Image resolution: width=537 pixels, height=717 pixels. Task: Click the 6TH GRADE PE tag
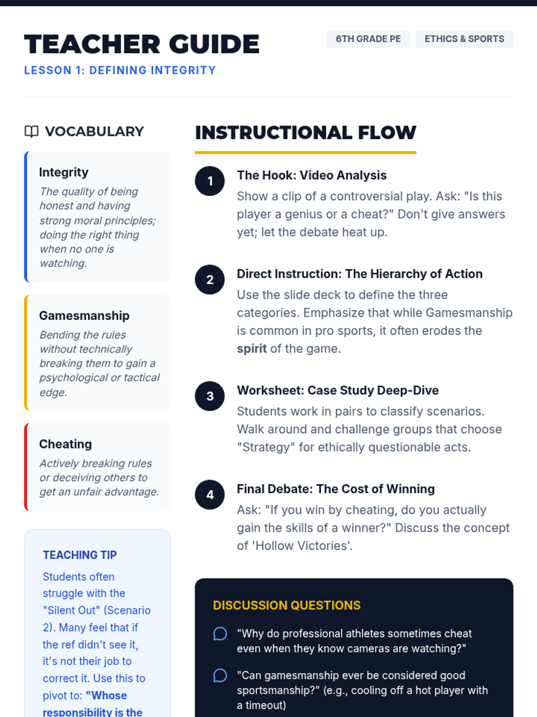click(368, 39)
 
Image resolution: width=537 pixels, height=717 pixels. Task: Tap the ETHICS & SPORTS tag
click(464, 39)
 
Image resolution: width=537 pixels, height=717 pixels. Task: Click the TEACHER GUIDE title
click(141, 44)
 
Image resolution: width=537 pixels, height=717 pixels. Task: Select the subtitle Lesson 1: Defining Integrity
click(120, 70)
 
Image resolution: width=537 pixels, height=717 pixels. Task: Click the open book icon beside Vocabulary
click(31, 131)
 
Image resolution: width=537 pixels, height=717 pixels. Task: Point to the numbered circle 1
click(210, 181)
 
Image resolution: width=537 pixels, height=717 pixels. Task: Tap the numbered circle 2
click(210, 280)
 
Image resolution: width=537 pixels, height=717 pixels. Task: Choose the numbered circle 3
click(210, 396)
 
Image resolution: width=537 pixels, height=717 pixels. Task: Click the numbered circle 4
click(210, 495)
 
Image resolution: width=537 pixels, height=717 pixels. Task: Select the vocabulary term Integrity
click(64, 172)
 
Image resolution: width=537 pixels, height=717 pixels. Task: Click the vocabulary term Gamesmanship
click(84, 315)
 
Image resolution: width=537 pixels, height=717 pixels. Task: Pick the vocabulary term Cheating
click(65, 444)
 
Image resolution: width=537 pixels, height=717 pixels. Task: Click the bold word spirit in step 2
click(251, 349)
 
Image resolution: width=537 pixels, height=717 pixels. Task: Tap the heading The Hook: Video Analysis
click(311, 175)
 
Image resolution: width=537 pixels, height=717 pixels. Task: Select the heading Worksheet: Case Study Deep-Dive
click(337, 390)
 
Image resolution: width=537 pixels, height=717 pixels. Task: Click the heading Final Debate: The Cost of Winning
click(336, 489)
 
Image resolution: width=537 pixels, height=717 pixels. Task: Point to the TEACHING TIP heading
click(80, 555)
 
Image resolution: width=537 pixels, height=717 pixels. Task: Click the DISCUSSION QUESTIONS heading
click(286, 605)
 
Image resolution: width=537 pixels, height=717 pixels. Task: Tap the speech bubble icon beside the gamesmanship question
click(220, 675)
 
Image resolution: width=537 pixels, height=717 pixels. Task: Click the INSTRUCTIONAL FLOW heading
click(305, 133)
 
